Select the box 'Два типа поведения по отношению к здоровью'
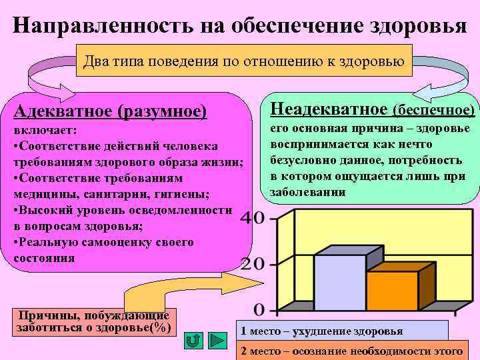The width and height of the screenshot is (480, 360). (244, 62)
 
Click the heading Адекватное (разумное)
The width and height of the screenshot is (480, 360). (111, 110)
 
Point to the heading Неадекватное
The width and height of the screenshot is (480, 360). (327, 108)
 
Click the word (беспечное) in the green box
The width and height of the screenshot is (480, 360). (435, 109)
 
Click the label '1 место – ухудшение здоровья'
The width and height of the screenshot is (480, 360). (322, 331)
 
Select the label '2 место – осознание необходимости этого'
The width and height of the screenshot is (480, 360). (352, 351)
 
